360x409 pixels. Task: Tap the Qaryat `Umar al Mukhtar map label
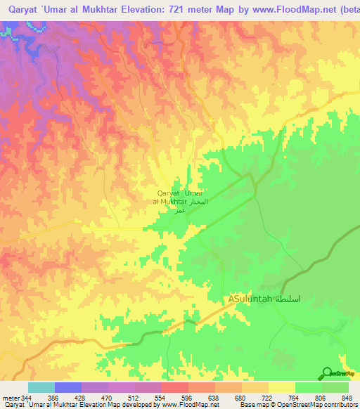(x=180, y=197)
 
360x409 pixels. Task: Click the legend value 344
(x=27, y=398)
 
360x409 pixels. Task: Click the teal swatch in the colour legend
(x=41, y=387)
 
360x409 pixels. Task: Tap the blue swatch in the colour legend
(x=68, y=387)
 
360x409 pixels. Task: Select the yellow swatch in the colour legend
(x=282, y=387)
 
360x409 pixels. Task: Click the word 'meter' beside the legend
(x=10, y=398)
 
